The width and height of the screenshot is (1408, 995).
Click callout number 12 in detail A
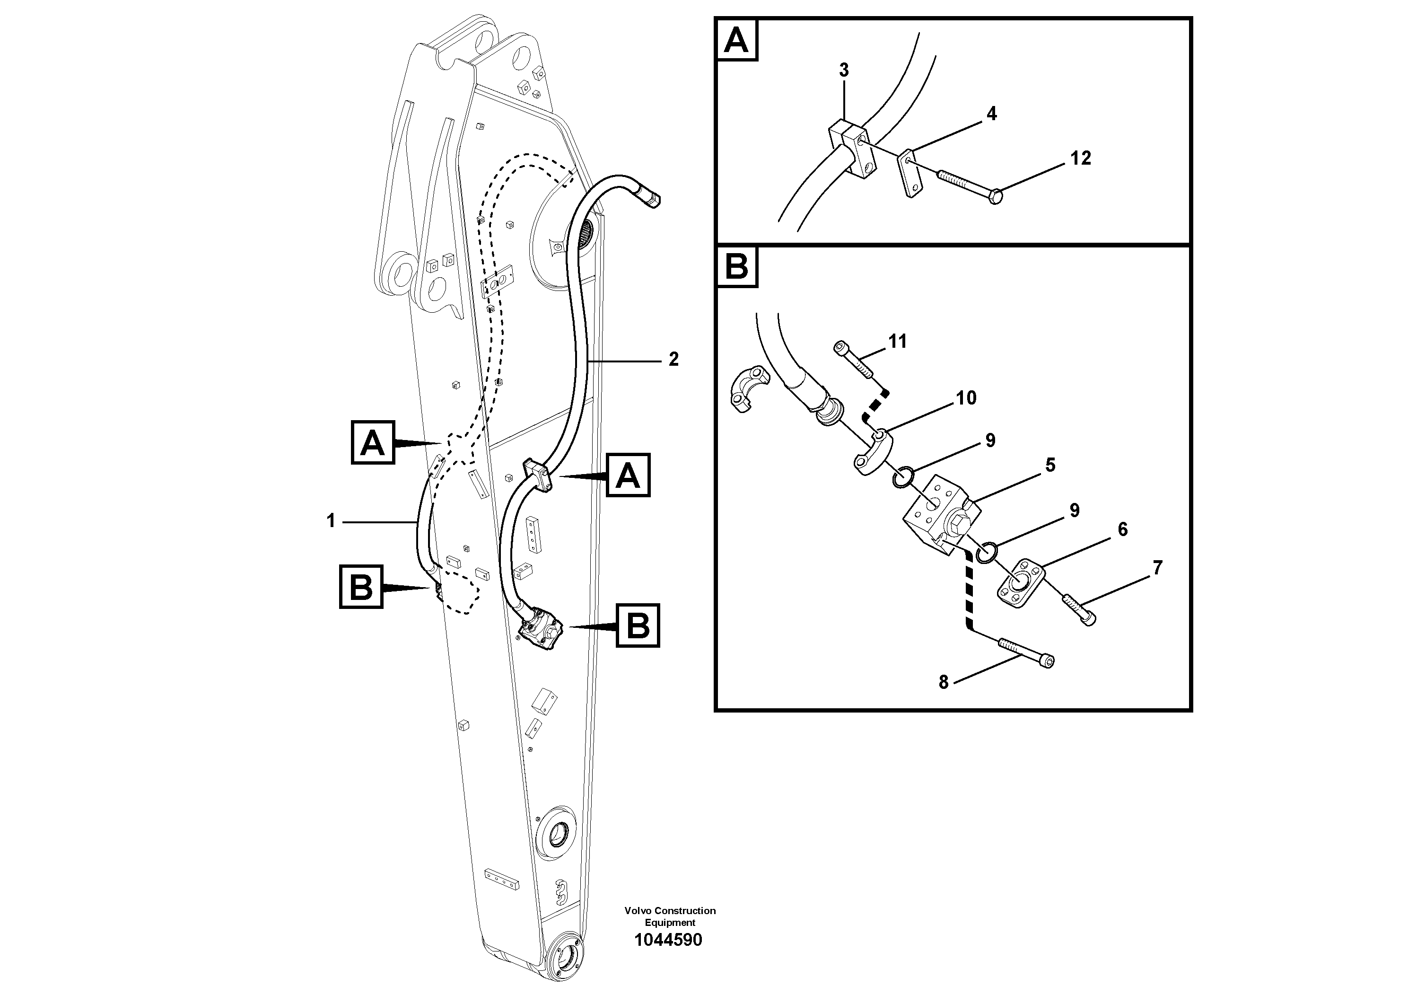point(1081,158)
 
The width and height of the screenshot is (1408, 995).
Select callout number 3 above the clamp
point(844,70)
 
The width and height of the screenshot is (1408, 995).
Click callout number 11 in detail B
point(898,342)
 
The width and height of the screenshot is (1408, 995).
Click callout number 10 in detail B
point(966,398)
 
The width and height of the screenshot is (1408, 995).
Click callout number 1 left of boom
point(331,521)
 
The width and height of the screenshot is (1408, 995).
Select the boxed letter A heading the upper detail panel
point(736,41)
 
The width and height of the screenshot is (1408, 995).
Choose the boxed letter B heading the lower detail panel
point(736,267)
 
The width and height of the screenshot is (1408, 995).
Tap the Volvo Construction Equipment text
point(670,916)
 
